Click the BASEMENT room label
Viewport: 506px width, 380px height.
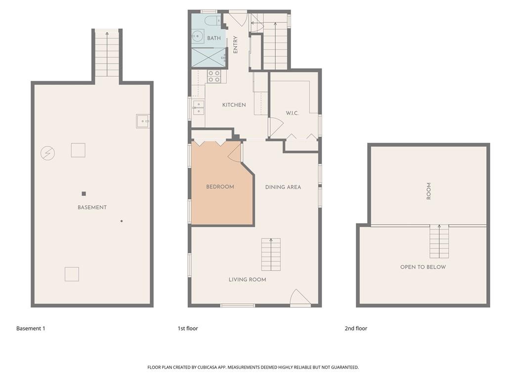[x=92, y=207]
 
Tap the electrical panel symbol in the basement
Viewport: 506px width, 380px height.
[x=48, y=153]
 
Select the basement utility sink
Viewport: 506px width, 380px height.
[x=143, y=121]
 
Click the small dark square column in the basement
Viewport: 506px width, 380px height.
[x=84, y=194]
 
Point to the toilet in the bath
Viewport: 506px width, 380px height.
[x=212, y=20]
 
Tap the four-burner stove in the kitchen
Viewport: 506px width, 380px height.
[x=213, y=76]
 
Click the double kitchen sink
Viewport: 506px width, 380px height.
[x=198, y=107]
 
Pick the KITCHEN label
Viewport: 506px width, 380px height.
[x=234, y=105]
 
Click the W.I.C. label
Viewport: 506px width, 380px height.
[x=292, y=113]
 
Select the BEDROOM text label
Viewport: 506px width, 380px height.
[x=220, y=187]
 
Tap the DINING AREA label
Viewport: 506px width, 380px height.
[x=283, y=187]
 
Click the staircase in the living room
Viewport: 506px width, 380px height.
[x=271, y=254]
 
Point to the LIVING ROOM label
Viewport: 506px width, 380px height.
[x=248, y=280]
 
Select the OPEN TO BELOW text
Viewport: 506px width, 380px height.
[x=423, y=267]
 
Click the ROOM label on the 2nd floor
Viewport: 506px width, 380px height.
[x=429, y=191]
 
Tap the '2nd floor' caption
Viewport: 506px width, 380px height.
[x=356, y=329]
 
